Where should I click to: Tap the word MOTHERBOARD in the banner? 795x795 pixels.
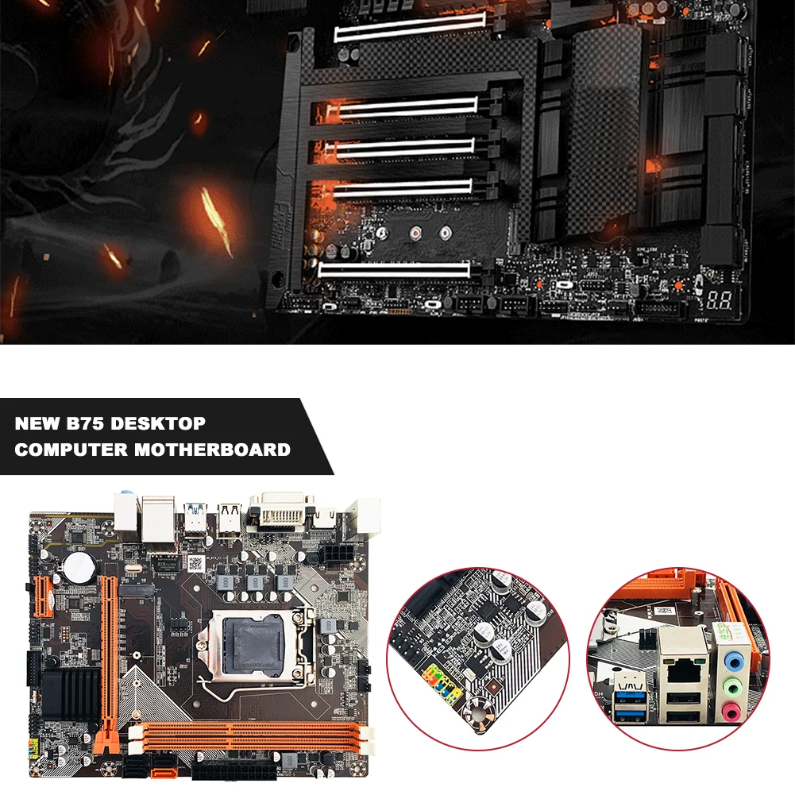click(212, 450)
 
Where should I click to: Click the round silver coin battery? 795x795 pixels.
click(79, 565)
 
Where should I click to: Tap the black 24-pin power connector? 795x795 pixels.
click(234, 770)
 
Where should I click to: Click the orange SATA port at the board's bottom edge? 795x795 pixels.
click(161, 766)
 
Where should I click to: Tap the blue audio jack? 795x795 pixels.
click(735, 658)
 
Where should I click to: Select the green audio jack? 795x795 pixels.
click(735, 684)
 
